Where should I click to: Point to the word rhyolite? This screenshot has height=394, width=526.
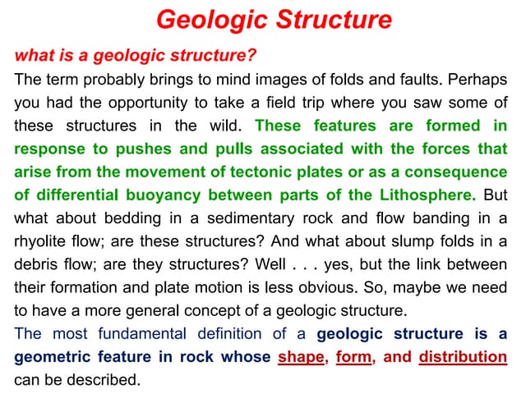point(44,241)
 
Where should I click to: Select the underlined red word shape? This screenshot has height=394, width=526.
point(301,357)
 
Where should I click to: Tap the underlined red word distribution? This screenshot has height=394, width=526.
point(463,357)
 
